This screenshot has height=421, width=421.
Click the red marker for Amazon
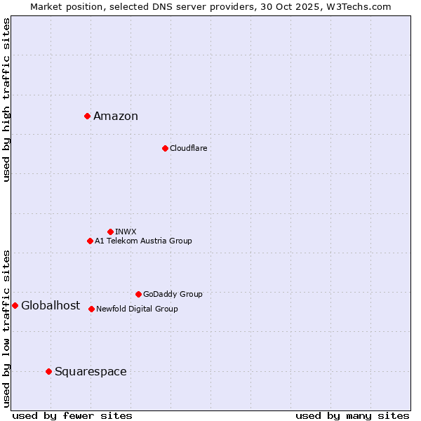pos(87,116)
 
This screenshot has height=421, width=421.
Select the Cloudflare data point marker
pos(165,148)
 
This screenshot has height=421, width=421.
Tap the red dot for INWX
pos(110,232)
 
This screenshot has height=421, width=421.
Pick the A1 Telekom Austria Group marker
pos(90,241)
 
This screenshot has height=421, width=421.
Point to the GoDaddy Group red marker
pos(138,294)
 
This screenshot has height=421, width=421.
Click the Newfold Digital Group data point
pos(91,309)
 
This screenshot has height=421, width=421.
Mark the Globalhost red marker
pos(15,305)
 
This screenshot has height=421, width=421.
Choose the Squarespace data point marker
pos(48,371)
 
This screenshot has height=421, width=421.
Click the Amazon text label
pos(116,116)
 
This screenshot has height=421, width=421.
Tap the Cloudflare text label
pos(188,148)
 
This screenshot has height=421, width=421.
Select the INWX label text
pos(126,232)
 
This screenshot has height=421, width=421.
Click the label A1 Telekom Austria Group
pos(143,241)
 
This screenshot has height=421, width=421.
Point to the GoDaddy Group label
pos(173,294)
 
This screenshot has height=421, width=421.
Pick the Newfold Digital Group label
pos(137,309)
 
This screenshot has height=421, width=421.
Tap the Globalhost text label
pos(51,305)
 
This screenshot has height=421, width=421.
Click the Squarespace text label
pos(91,372)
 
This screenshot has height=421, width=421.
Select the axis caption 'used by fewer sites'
pos(72,415)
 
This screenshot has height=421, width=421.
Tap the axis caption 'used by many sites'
pos(352,415)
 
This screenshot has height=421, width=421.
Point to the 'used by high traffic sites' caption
pos(7,100)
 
